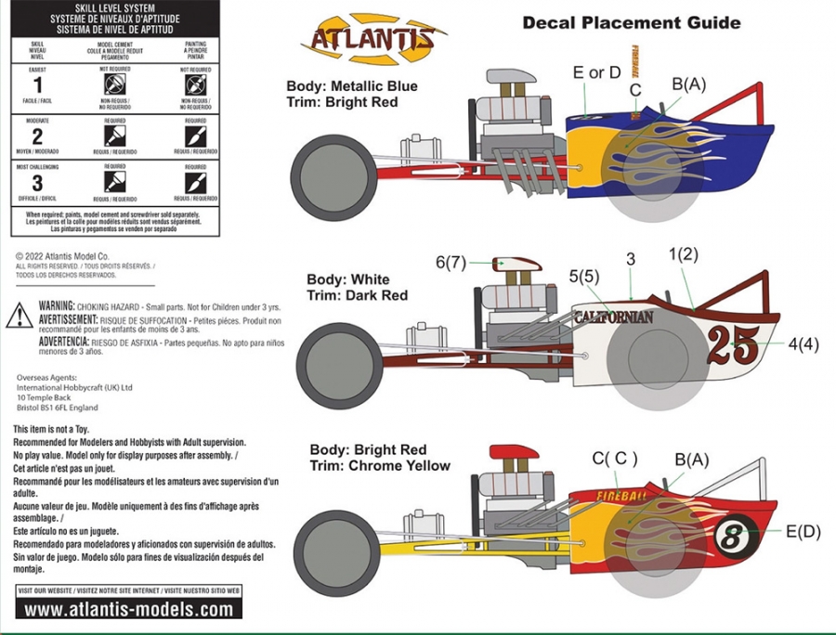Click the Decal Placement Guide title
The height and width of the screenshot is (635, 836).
[x=631, y=22]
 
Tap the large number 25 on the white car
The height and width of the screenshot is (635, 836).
[x=733, y=345]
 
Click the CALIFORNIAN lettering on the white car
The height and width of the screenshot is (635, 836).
[x=613, y=317]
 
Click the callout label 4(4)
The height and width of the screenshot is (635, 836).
[x=803, y=343]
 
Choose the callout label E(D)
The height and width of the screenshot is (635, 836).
[x=803, y=531]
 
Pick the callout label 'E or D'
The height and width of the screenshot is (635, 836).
[x=597, y=73]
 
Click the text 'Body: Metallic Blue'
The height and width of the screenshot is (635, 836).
[x=353, y=86]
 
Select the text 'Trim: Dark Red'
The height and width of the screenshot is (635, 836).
[x=358, y=295]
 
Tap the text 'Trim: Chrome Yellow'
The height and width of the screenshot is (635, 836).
[x=380, y=466]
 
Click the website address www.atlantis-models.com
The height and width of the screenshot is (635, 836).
[x=128, y=610]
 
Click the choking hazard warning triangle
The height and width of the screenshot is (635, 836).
[x=20, y=317]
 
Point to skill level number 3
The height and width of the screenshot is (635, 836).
[x=37, y=184]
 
